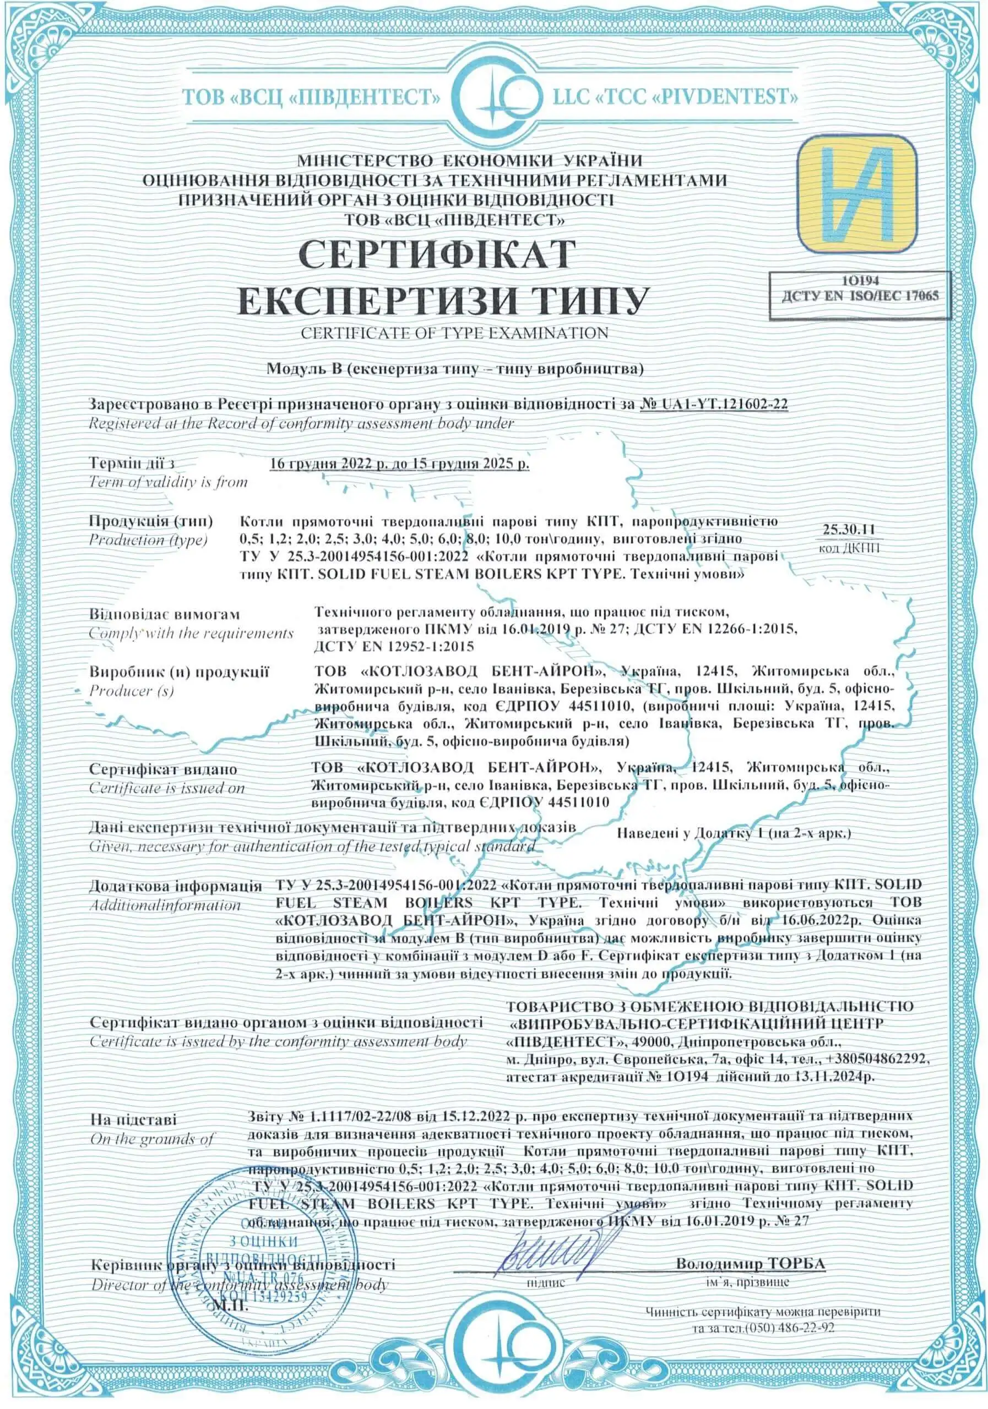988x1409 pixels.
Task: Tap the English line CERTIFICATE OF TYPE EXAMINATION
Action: tap(454, 332)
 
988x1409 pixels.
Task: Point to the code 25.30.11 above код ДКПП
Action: tap(849, 529)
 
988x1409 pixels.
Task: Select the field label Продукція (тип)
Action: tap(151, 521)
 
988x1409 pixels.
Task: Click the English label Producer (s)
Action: tap(132, 690)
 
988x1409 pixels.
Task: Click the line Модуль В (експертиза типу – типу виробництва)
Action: tap(454, 369)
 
